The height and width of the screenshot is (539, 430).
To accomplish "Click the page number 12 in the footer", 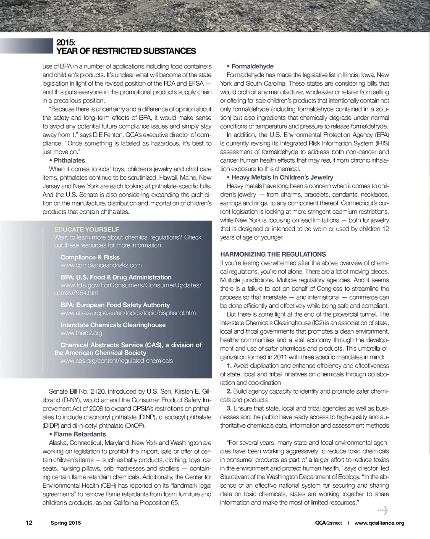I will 29,523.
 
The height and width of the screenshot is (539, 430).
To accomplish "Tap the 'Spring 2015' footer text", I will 66,523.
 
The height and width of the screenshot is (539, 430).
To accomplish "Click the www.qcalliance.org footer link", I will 379,523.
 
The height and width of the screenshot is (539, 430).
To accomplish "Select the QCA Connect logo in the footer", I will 328,523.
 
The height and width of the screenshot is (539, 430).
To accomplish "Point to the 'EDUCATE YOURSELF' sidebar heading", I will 87,229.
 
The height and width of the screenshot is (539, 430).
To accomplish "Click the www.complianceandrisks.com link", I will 101,265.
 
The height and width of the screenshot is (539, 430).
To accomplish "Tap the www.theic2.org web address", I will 81,333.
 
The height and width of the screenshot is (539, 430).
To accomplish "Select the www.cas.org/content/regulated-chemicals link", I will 116,360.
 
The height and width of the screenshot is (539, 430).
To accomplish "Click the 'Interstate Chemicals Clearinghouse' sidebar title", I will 113,325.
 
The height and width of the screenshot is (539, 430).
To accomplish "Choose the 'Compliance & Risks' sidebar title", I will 90,257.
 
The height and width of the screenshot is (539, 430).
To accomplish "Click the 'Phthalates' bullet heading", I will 69,160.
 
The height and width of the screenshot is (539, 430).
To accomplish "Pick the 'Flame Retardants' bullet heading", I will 80,434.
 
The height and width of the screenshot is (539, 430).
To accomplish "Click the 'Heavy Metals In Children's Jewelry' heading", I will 282,177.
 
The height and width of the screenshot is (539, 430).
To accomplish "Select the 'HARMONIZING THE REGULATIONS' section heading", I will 273,254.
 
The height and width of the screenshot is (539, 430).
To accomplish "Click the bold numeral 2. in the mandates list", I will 229,391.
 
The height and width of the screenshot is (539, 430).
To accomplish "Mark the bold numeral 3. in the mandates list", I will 229,408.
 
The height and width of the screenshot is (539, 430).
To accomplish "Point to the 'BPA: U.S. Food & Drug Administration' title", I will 116,277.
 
